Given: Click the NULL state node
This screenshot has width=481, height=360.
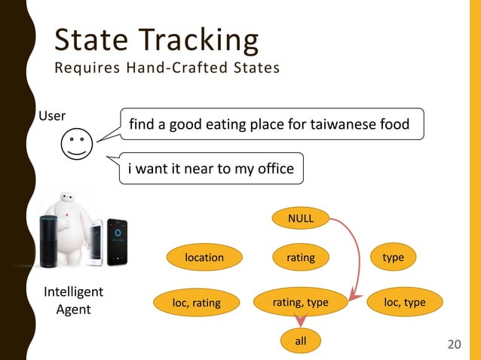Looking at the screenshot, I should tap(302, 218).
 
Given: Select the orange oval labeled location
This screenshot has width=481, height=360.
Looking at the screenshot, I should tap(204, 258).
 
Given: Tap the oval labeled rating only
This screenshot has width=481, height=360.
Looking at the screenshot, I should tap(301, 258).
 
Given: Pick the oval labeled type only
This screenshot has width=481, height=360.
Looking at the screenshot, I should tap(393, 258).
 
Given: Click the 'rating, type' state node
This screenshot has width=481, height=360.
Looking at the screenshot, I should tap(301, 303).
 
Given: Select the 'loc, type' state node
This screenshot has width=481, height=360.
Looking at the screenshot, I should tap(405, 303).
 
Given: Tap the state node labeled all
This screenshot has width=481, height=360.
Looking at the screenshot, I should tap(301, 341).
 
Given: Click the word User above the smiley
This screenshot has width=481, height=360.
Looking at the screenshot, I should tap(52, 116).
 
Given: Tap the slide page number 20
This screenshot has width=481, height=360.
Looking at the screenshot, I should tap(454, 344).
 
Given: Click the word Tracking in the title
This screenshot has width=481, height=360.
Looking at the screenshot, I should tap(204, 40).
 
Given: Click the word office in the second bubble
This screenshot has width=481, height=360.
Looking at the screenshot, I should tap(274, 169).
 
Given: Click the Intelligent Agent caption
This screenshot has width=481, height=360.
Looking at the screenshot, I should tap(74, 300).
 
